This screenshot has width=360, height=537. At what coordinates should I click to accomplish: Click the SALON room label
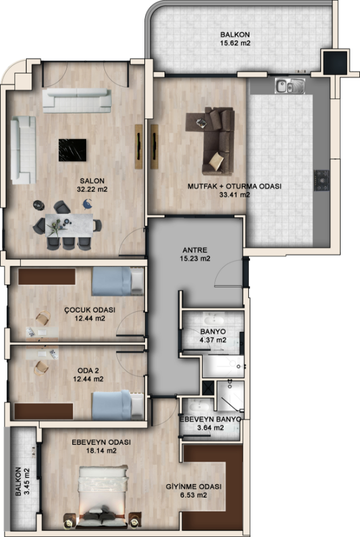click(x=92, y=181)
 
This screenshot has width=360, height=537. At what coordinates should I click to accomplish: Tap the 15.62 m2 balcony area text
click(x=235, y=43)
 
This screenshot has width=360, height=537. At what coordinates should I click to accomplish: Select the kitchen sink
click(x=290, y=86)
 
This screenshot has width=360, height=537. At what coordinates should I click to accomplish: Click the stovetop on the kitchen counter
click(x=322, y=180)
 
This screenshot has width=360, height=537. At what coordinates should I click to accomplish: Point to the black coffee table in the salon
click(x=72, y=150)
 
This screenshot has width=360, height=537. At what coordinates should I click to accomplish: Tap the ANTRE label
click(x=195, y=250)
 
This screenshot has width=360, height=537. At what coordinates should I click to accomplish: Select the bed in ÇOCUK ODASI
click(x=118, y=281)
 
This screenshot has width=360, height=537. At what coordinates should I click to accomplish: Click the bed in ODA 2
click(x=118, y=405)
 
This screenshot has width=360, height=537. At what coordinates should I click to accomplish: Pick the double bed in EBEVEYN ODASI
click(x=103, y=496)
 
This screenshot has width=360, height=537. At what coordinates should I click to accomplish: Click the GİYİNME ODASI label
click(x=194, y=487)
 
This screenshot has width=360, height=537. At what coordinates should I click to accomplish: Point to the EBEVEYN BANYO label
click(x=210, y=419)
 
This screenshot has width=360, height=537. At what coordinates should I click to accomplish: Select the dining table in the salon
click(x=70, y=225)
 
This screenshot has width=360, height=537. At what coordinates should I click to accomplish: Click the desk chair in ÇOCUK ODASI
click(x=43, y=318)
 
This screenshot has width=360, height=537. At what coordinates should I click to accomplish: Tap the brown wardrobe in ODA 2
click(x=44, y=411)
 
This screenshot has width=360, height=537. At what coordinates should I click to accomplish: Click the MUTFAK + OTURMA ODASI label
click(x=234, y=186)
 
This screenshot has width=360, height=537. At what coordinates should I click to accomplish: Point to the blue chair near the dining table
click(x=87, y=204)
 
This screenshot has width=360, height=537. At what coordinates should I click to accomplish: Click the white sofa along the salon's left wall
click(x=23, y=150)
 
